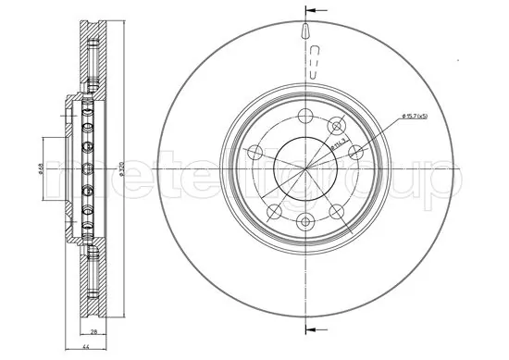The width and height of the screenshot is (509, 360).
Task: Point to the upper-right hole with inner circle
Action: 336,127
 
